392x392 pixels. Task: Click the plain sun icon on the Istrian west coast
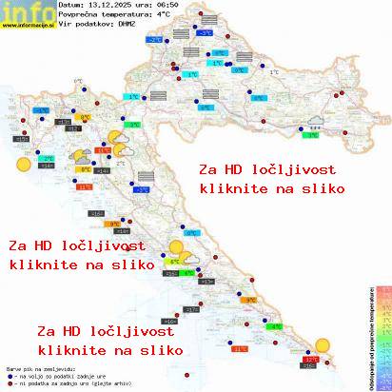tap(22, 164)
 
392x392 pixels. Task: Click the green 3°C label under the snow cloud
tap(311, 135)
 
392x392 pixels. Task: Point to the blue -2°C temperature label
tap(153, 41)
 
